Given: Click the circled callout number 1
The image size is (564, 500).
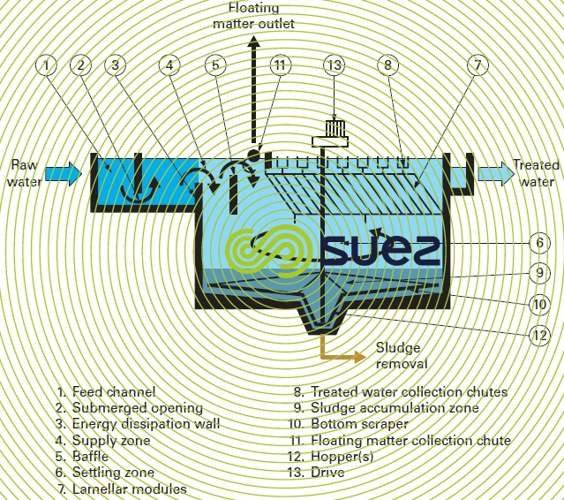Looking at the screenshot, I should click(47, 64).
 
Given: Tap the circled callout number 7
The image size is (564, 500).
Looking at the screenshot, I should click(477, 64).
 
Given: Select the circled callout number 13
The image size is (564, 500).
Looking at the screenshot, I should click(334, 64).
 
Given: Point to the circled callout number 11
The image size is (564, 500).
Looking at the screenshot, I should click(280, 64).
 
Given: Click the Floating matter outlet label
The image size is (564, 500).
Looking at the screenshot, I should click(253, 16).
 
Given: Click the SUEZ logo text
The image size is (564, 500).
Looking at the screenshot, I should click(380, 250).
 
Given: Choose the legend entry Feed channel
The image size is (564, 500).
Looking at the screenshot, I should click(106, 391).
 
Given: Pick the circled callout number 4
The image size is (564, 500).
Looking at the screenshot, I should click(169, 64).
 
